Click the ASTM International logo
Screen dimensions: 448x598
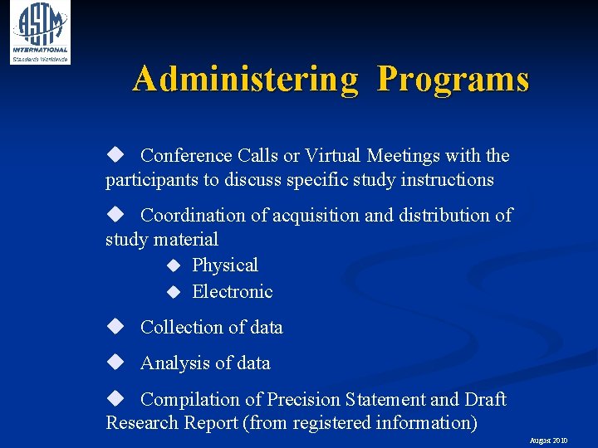point(39,32)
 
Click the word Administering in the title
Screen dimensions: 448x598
point(246,80)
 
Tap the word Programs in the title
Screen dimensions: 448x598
point(453,80)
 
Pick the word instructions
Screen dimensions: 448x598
point(447,180)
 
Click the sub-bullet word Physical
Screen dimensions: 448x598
point(225,265)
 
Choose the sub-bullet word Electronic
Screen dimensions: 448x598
point(233,292)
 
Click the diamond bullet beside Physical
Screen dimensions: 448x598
point(173,266)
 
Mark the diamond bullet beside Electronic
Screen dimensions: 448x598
point(173,293)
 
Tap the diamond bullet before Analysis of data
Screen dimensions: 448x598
point(115,363)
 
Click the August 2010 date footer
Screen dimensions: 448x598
point(548,441)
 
